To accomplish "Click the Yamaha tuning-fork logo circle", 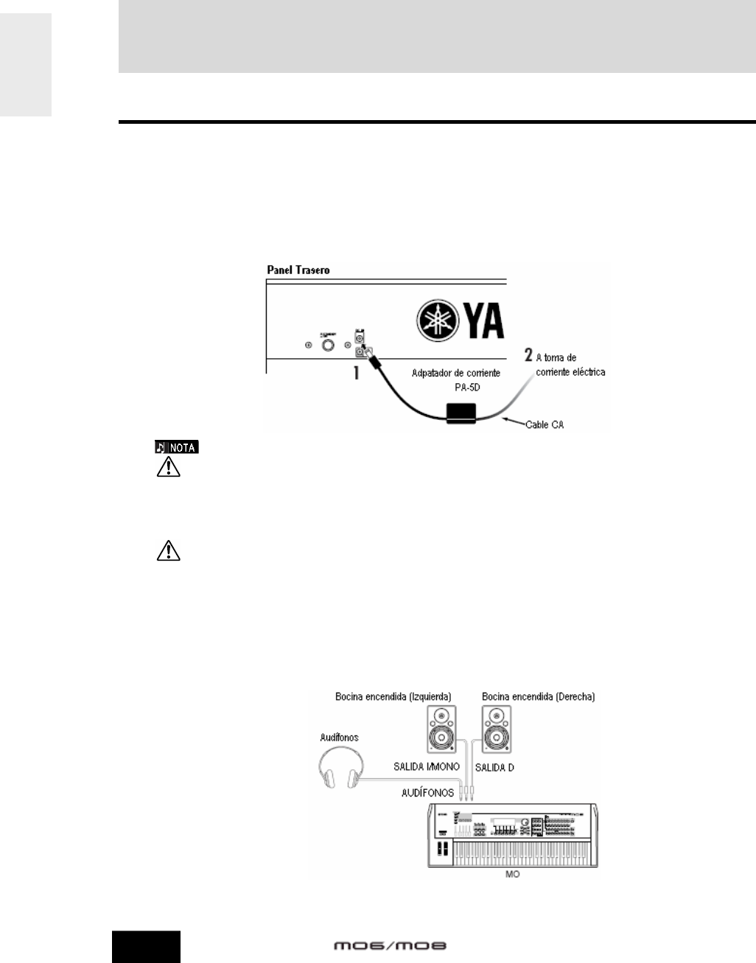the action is pos(437,321).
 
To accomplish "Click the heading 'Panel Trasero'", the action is pos(298,270).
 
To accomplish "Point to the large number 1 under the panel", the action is pos(357,373).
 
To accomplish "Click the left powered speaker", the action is pos(441,729).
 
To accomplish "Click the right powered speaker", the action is pos(495,729).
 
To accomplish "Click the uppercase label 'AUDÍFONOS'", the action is pos(427,793).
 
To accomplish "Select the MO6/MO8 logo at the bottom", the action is pos(391,946).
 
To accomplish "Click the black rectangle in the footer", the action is pos(146,947).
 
